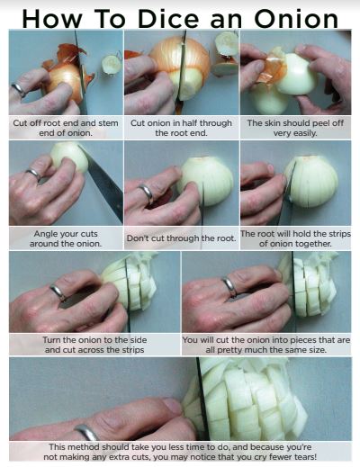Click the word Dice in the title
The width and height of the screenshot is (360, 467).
tap(168, 19)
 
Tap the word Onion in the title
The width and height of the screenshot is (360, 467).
tap(296, 19)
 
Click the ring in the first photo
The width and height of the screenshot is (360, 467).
tap(19, 89)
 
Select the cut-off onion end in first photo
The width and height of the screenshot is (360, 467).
tap(112, 64)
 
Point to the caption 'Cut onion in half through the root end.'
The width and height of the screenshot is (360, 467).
tap(181, 128)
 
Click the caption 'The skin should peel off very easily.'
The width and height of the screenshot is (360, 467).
tap(295, 128)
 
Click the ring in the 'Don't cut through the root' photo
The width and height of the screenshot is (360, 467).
tap(146, 193)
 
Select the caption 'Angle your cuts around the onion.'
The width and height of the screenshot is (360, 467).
tap(66, 238)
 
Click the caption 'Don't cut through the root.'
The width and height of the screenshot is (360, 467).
tap(181, 238)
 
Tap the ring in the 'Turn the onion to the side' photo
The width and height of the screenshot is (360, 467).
tap(58, 292)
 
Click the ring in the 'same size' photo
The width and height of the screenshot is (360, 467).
tap(229, 287)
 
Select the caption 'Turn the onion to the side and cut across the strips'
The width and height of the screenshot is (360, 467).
tap(94, 345)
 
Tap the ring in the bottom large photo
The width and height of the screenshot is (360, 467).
tap(86, 432)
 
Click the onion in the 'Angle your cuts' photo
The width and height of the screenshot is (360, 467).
tap(69, 157)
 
